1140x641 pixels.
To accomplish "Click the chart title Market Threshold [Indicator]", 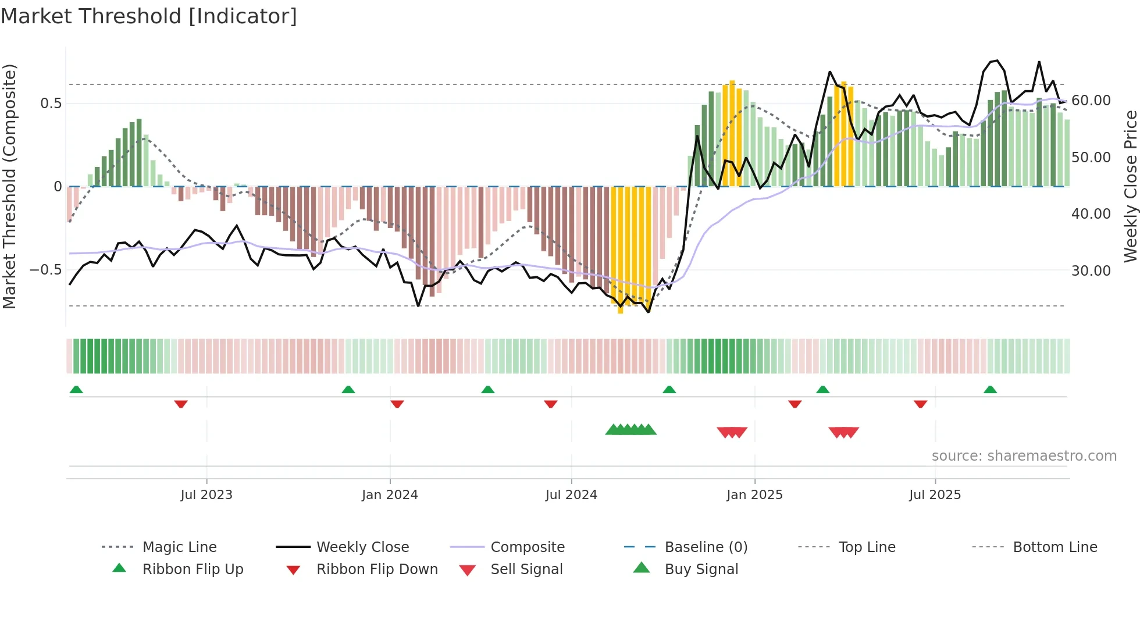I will pyautogui.click(x=149, y=16).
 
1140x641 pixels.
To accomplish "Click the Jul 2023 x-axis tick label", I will pyautogui.click(x=206, y=495).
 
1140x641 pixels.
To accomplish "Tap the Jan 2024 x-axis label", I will pyautogui.click(x=390, y=495).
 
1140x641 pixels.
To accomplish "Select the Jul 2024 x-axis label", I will pyautogui.click(x=571, y=495).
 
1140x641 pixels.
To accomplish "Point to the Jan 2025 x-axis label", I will pyautogui.click(x=754, y=495).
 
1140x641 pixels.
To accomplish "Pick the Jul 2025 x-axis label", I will pyautogui.click(x=935, y=495).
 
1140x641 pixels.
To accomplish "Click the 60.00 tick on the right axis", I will pyautogui.click(x=1091, y=101).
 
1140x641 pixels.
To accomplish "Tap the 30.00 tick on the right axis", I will pyautogui.click(x=1091, y=271).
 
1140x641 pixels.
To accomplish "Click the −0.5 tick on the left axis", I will pyautogui.click(x=45, y=270).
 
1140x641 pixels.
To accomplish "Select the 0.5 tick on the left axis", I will pyautogui.click(x=51, y=104).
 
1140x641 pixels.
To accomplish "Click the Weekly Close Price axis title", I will pyautogui.click(x=1130, y=186).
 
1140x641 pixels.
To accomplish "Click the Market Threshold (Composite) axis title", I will pyautogui.click(x=9, y=186).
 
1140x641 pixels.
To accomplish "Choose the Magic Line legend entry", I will pyautogui.click(x=179, y=547).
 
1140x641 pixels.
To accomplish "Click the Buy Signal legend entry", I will pyautogui.click(x=701, y=569).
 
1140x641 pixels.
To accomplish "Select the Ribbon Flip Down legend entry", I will pyautogui.click(x=376, y=569).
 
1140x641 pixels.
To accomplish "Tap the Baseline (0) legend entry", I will pyautogui.click(x=706, y=547).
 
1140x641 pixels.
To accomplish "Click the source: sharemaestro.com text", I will pyautogui.click(x=1024, y=456).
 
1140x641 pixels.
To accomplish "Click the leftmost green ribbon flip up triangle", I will pyautogui.click(x=76, y=390).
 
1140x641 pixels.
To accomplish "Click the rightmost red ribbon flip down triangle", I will pyautogui.click(x=920, y=404).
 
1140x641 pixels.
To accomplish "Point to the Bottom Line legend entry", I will pyautogui.click(x=1054, y=547).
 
